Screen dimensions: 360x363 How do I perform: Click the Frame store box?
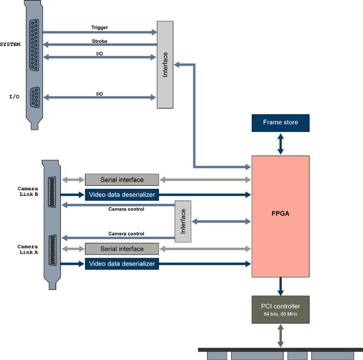click(280, 123)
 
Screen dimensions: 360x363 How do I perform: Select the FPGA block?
click(280, 216)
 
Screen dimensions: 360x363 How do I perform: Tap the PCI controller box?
click(280, 309)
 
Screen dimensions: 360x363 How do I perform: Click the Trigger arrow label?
click(100, 28)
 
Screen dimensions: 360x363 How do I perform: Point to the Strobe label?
click(100, 41)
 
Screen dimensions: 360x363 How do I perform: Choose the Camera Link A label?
click(27, 249)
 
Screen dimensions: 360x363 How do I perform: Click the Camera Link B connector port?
click(52, 191)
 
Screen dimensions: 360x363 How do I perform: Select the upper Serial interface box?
click(122, 180)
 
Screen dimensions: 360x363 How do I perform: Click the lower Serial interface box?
click(122, 249)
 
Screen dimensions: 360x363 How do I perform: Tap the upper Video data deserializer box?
click(122, 195)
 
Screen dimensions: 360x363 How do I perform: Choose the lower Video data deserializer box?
click(122, 264)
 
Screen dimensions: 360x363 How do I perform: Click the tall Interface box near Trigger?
click(165, 65)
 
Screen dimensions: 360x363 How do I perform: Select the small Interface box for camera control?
click(183, 221)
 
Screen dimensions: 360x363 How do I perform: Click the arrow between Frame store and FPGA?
click(280, 143)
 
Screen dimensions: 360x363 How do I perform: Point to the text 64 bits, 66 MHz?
click(280, 314)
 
